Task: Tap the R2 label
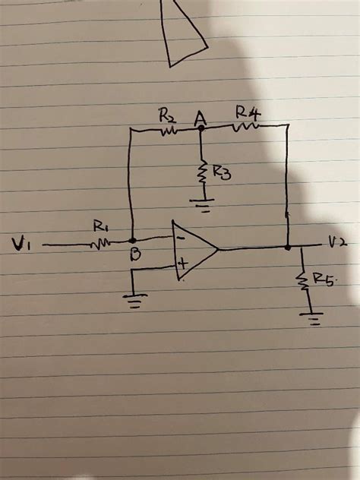[x=167, y=116]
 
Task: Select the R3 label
[x=222, y=174]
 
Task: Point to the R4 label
[x=247, y=114]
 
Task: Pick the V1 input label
[x=21, y=243]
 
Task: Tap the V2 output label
[x=338, y=242]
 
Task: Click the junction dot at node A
[x=201, y=129]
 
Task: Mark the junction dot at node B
[x=134, y=240]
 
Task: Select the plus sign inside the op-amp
[x=182, y=264]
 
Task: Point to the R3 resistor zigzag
[x=203, y=172]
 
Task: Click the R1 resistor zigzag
[x=102, y=243]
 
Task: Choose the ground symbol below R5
[x=311, y=317]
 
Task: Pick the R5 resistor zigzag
[x=304, y=281]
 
